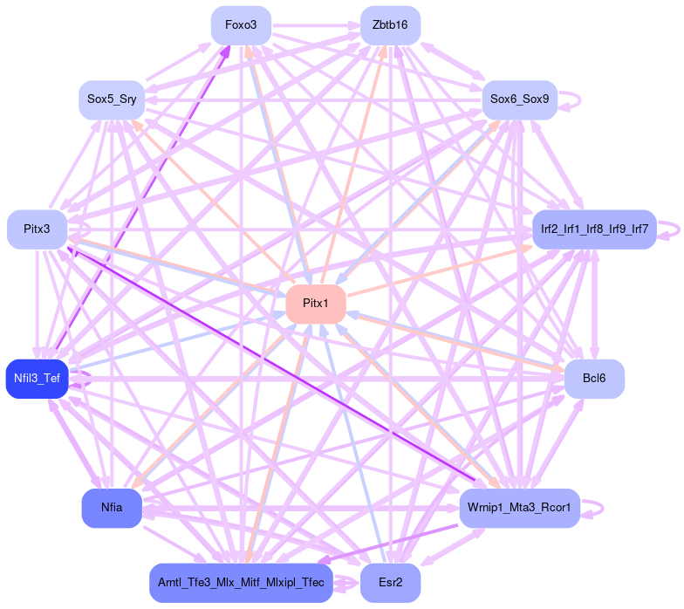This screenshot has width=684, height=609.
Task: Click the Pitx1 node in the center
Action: click(x=316, y=304)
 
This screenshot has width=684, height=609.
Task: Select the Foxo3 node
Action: click(x=241, y=25)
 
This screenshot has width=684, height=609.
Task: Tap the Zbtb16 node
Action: click(x=390, y=25)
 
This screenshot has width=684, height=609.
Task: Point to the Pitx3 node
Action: click(x=37, y=229)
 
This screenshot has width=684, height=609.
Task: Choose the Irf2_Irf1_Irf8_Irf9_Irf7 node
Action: click(x=593, y=229)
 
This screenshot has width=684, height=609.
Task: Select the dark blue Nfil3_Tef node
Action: click(x=37, y=379)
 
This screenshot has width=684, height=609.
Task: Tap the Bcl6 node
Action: click(x=593, y=379)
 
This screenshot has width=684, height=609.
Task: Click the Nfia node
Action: click(x=112, y=508)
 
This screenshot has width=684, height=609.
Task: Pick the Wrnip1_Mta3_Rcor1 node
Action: click(x=519, y=508)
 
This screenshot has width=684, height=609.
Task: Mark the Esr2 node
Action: click(x=390, y=582)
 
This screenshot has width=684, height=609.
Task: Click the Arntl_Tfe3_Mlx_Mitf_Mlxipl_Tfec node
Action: click(x=241, y=582)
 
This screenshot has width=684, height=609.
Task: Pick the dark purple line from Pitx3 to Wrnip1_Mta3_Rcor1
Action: click(x=270, y=362)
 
